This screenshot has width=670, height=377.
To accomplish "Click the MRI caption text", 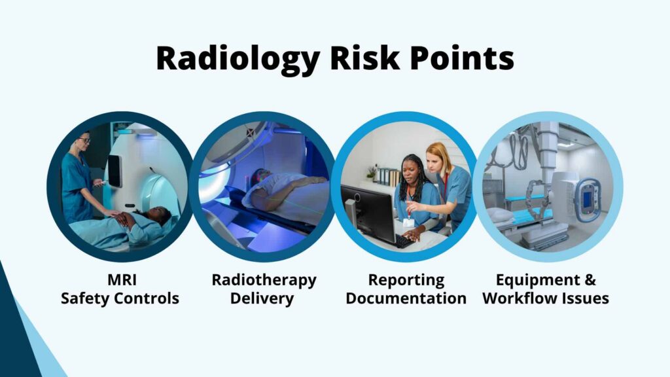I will click(120, 280).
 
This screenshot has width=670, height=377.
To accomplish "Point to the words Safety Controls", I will click(120, 298).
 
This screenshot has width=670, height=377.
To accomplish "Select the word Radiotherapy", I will click(264, 280).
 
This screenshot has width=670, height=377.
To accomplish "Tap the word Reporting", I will click(406, 280).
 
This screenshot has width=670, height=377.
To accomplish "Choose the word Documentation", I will click(406, 298).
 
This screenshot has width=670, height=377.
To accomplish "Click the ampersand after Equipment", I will click(589, 280).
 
